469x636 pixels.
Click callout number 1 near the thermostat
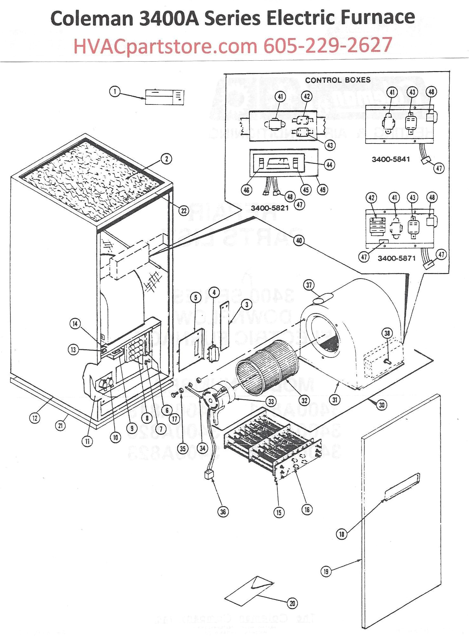115,92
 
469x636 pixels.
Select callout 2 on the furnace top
167,158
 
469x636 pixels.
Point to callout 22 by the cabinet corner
184,211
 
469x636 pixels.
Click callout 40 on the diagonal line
299,240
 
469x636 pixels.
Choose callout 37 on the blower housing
309,285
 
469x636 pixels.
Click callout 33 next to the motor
271,401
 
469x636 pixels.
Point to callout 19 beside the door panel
326,572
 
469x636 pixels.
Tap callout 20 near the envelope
292,603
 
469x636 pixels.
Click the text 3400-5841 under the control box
391,159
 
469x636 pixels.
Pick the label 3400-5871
396,258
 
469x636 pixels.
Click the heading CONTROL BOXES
338,80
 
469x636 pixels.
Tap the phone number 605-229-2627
327,45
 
